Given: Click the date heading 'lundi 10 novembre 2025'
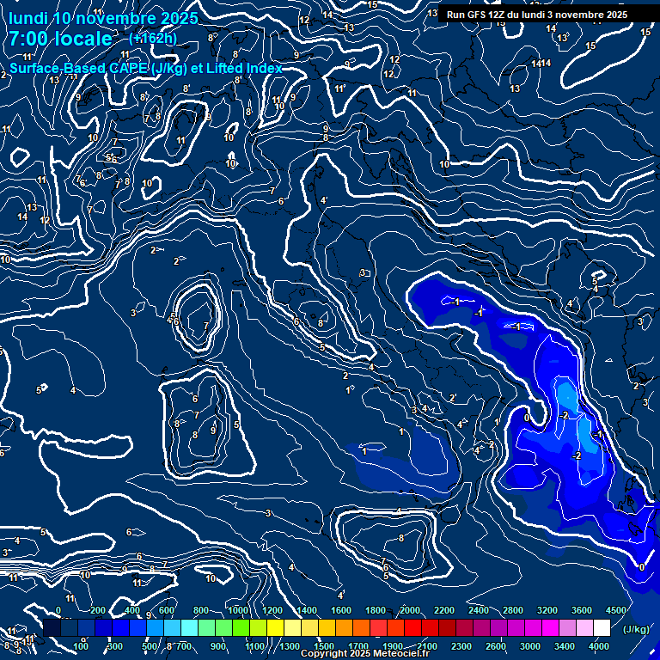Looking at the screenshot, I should tap(104, 18).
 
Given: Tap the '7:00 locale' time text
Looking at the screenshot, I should tap(60, 39).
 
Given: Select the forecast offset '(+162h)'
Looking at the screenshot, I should tap(153, 38).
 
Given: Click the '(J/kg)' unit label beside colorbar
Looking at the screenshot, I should tap(635, 628).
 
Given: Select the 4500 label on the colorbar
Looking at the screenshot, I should tap(616, 610).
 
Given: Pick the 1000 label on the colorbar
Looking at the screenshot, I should tap(238, 610).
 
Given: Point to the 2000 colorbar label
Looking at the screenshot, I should tap(410, 610).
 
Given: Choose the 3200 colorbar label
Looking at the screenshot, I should tap(547, 610).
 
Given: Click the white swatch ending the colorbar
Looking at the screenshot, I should tap(602, 628).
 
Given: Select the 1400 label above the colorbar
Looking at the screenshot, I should tap(307, 610).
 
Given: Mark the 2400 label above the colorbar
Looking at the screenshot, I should tap(479, 610).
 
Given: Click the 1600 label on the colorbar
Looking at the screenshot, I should tap(341, 610).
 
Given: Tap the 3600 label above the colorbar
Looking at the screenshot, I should tap(582, 610).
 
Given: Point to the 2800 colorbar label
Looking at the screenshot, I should tap(513, 610).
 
